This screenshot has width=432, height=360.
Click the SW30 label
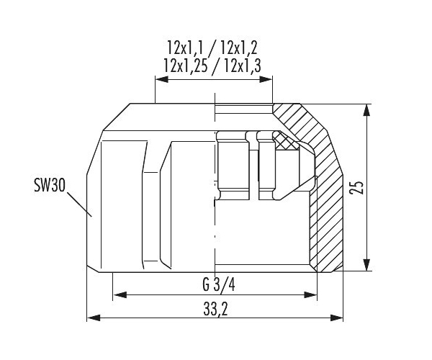click(50, 185)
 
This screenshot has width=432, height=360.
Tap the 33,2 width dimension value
click(216, 309)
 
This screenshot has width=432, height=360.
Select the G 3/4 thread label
click(219, 285)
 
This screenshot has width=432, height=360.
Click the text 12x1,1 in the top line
click(185, 48)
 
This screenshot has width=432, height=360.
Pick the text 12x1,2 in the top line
click(238, 48)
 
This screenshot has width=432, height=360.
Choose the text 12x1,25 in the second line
click(186, 66)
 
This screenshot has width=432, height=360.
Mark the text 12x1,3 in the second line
click(242, 66)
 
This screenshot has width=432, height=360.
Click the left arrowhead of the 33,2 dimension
click(94, 318)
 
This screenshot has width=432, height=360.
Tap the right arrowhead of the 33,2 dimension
click(337, 318)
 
